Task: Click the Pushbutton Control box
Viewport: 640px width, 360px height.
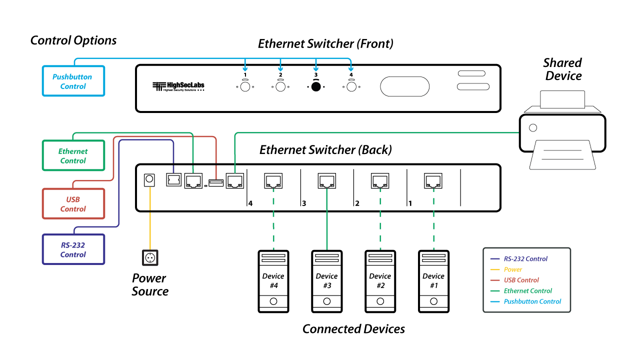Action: pos(73,81)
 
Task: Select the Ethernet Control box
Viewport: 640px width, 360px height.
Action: pos(73,155)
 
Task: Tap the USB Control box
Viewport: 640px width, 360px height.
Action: pos(73,204)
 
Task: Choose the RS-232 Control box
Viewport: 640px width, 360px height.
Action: pos(73,249)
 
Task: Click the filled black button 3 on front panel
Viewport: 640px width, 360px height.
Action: pos(315,86)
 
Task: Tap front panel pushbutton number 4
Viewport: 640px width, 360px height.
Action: pos(351,86)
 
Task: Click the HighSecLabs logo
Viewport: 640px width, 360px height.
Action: pos(178,86)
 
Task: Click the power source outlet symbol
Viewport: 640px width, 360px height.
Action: pos(150,257)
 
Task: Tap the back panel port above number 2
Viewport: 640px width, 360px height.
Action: pos(380,180)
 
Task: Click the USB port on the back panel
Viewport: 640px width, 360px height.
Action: pos(216,183)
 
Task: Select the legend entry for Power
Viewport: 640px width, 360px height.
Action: pos(513,269)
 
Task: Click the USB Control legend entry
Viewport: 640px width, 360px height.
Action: pos(521,280)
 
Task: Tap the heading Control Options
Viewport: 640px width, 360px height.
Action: pos(73,40)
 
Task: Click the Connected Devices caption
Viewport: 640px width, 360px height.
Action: pos(353,329)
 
